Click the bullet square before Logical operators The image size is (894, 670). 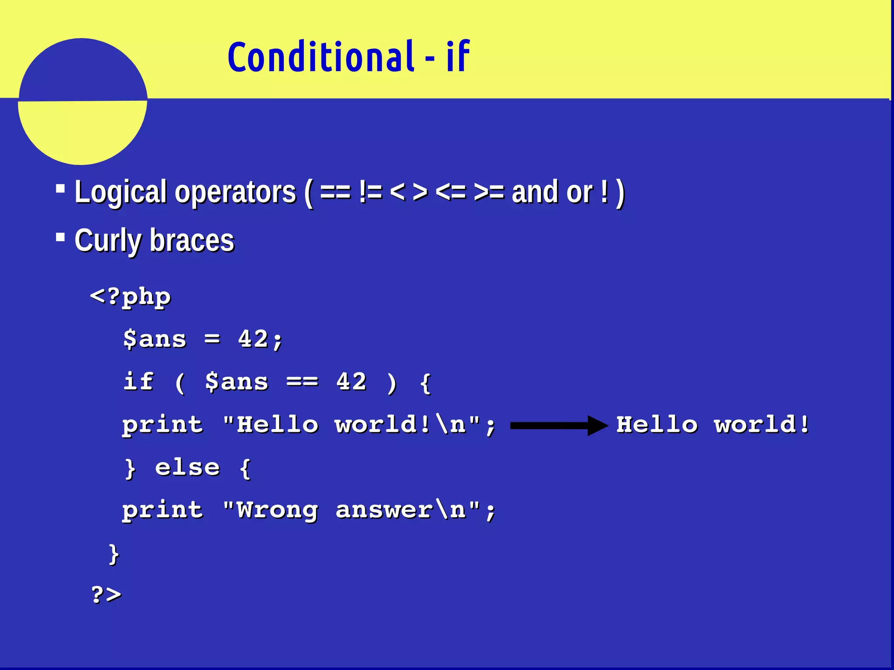61,189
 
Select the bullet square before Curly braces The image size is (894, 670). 61,237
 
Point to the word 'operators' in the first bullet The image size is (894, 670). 235,192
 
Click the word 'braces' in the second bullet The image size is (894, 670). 192,240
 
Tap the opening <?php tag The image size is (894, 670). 130,297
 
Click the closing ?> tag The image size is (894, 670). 106,595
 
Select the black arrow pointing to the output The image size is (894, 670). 558,425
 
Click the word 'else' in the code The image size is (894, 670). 187,468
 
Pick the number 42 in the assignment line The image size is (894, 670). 253,339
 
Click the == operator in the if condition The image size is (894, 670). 302,382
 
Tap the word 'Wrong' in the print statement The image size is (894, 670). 277,510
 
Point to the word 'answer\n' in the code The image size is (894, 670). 401,510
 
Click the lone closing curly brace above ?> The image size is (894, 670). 113,554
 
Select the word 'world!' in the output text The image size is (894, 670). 762,424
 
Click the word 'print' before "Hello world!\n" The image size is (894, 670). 162,424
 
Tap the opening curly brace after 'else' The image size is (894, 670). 245,468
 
